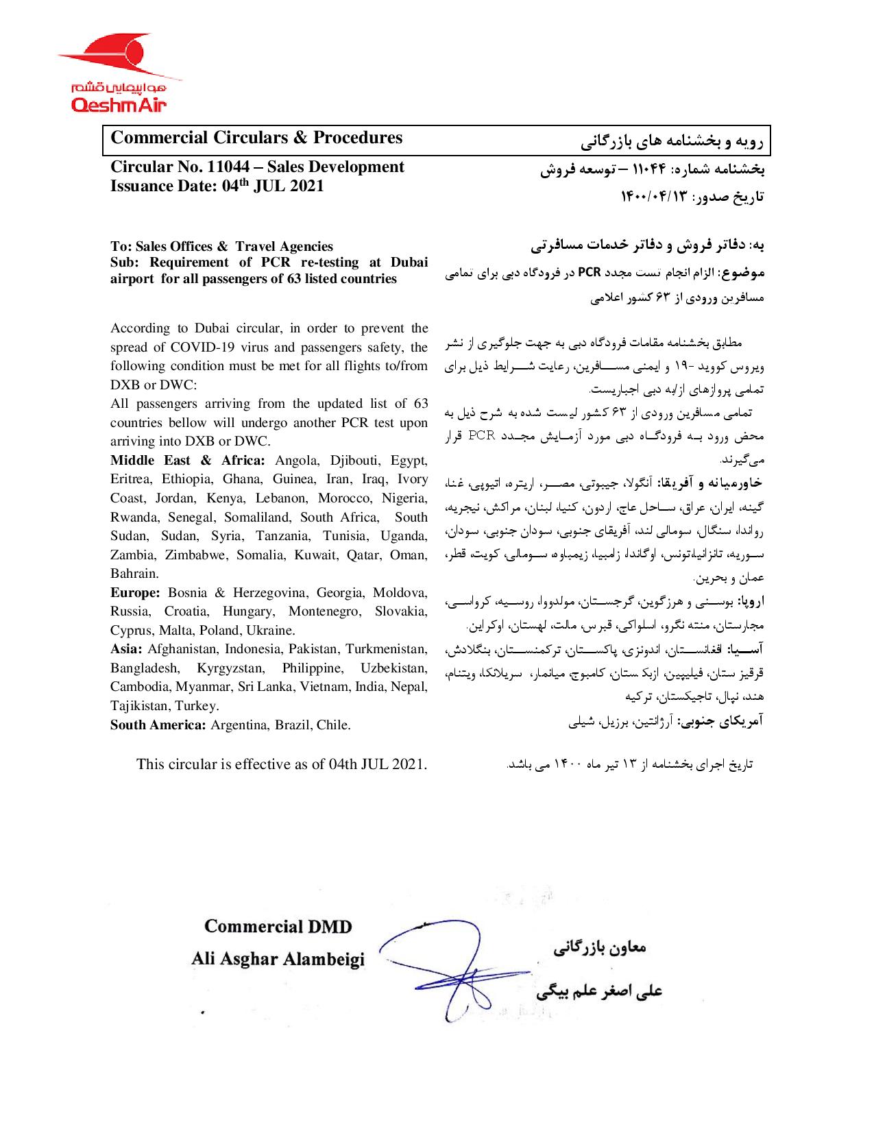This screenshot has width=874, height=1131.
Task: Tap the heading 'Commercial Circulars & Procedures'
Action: point(256,138)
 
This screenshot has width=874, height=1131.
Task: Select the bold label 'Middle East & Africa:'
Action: point(189,460)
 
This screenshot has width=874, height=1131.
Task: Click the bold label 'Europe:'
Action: point(135,592)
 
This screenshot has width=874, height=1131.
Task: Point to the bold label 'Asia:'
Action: point(127,649)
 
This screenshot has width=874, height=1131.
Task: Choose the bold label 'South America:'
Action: point(158,725)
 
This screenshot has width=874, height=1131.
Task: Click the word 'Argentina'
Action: point(239,725)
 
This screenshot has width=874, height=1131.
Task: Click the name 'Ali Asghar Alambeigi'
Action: point(278,960)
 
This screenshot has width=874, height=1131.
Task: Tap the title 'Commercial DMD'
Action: point(278,927)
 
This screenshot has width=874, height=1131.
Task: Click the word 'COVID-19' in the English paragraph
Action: point(199,347)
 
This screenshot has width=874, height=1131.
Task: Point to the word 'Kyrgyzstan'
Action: point(228,668)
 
